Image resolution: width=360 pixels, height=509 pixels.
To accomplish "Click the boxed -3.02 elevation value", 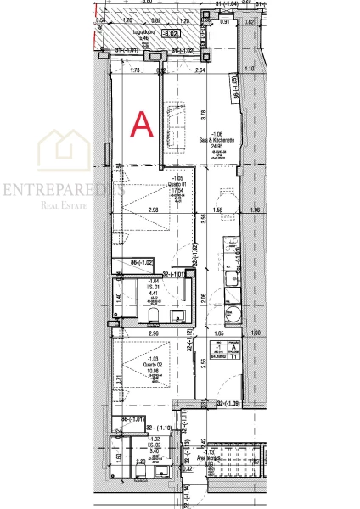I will coord(171,35).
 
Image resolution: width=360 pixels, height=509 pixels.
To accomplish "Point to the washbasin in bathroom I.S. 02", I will coord(165,466).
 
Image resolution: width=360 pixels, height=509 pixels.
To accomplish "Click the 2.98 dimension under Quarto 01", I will coord(154,210).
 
